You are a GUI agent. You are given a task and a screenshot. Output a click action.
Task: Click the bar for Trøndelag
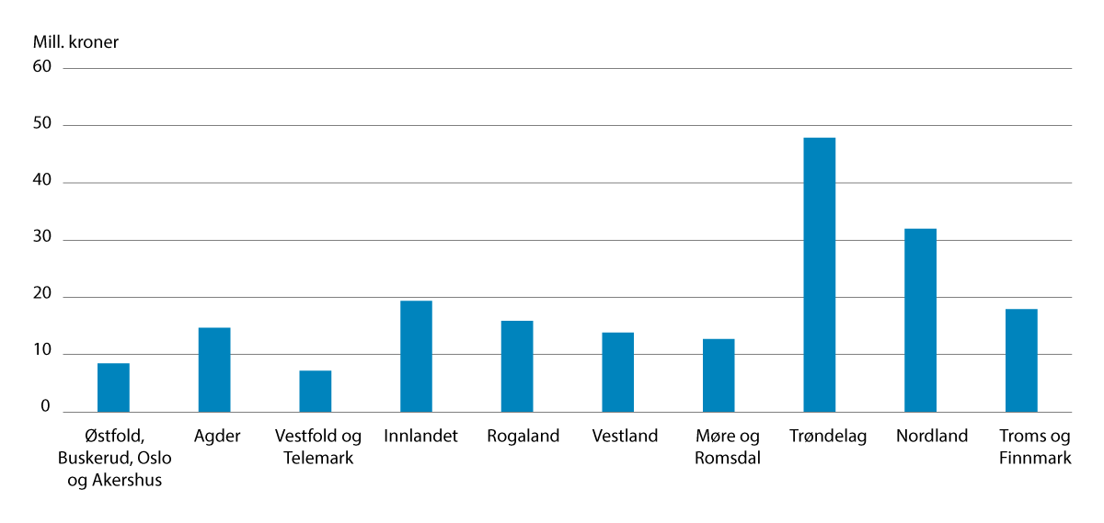pyautogui.click(x=819, y=275)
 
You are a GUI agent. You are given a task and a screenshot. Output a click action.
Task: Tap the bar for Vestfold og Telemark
pyautogui.click(x=315, y=391)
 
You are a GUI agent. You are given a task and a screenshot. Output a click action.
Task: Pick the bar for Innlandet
pyautogui.click(x=416, y=357)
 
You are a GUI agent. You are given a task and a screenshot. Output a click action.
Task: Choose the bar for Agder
pyautogui.click(x=214, y=370)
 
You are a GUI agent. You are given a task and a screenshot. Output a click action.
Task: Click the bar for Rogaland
pyautogui.click(x=517, y=366)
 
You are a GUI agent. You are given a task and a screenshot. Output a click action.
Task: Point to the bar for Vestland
pyautogui.click(x=617, y=372)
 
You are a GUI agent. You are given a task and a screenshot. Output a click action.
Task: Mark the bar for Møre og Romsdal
pyautogui.click(x=719, y=375)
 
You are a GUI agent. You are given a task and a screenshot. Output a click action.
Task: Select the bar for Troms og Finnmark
pyautogui.click(x=1021, y=360)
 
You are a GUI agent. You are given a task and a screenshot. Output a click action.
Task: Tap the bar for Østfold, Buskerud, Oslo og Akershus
pyautogui.click(x=113, y=387)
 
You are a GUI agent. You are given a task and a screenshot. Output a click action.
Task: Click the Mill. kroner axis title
pyautogui.click(x=75, y=42)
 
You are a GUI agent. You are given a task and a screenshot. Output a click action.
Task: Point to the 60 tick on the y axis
pyautogui.click(x=42, y=68)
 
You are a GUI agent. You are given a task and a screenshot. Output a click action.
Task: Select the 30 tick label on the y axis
pyautogui.click(x=42, y=240)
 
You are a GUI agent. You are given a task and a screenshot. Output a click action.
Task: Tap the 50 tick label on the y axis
pyautogui.click(x=42, y=125)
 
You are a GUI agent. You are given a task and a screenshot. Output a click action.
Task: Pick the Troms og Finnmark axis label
pyautogui.click(x=1035, y=447)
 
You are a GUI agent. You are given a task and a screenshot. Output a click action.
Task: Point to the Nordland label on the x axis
pyautogui.click(x=932, y=437)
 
